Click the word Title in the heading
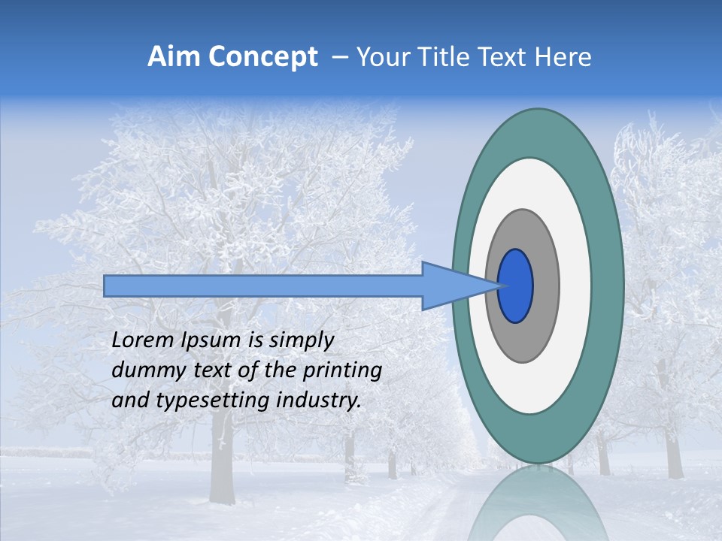point(444,57)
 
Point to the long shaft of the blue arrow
point(263,286)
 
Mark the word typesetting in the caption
point(202,401)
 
